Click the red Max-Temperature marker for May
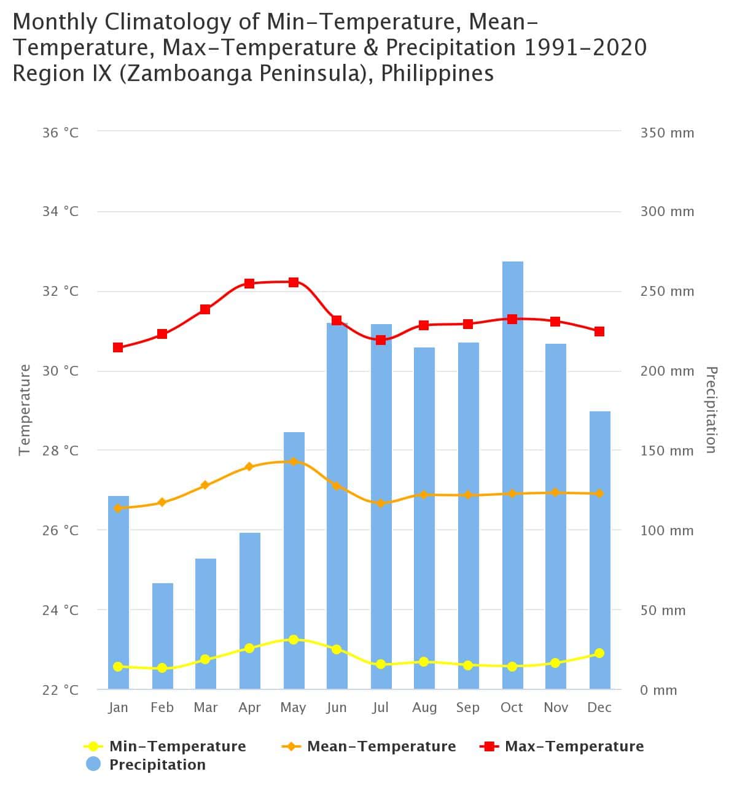294,282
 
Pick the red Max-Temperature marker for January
118,347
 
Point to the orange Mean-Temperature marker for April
249,467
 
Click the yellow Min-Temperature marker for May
294,640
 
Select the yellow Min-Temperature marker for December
599,653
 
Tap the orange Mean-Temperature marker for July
381,503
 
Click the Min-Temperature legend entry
177,746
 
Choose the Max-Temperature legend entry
574,746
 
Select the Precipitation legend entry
157,765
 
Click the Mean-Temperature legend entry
381,746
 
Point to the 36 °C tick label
60,133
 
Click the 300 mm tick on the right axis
667,212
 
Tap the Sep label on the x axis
468,708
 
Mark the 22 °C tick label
60,690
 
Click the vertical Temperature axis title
25,409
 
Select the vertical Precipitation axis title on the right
711,409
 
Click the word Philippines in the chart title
437,74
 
